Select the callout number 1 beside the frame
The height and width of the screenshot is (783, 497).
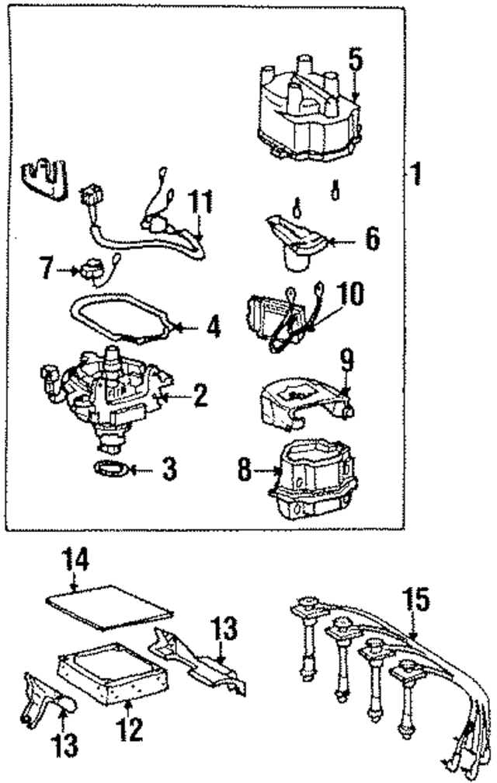[416, 173]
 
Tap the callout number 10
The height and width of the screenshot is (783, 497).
[349, 295]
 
